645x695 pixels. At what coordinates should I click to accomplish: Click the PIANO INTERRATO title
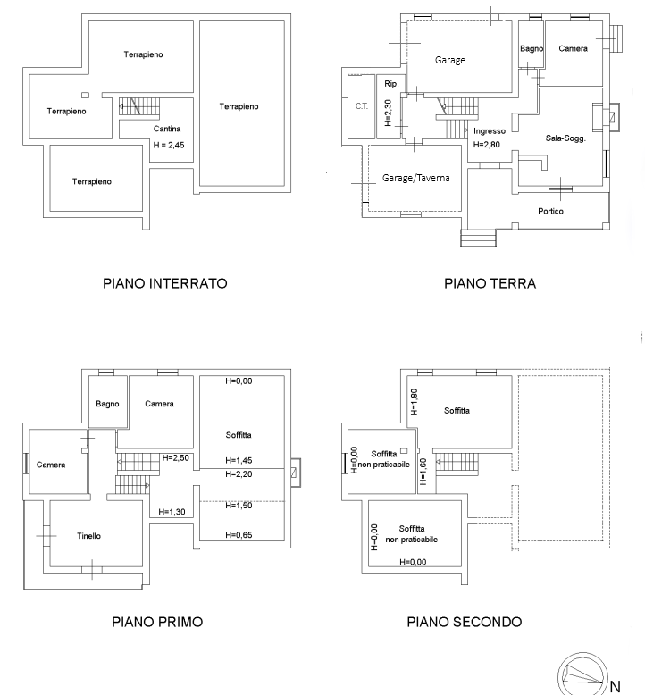tap(165, 283)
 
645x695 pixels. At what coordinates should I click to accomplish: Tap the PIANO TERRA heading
tap(490, 283)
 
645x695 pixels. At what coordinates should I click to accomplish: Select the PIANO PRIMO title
tap(157, 622)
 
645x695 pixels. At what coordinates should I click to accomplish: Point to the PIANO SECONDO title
tap(465, 622)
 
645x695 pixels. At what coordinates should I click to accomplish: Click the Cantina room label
tap(167, 129)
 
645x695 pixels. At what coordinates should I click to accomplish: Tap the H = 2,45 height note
tap(169, 145)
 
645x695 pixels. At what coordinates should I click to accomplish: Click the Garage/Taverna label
tap(415, 178)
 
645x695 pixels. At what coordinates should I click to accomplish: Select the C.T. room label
tap(362, 106)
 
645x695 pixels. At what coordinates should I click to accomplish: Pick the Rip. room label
tap(391, 84)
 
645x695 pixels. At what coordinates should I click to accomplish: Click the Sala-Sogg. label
tap(565, 138)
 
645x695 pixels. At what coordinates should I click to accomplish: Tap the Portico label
tap(550, 211)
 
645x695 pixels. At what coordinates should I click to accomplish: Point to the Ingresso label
tap(490, 131)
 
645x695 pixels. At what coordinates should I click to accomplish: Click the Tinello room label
tap(88, 536)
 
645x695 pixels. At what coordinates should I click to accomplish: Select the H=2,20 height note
tap(239, 474)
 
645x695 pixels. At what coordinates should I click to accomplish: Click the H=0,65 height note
tap(239, 535)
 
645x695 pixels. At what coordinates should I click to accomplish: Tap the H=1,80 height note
tap(414, 402)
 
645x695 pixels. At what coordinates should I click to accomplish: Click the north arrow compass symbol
tap(583, 674)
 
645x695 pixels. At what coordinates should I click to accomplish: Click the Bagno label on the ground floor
tap(532, 48)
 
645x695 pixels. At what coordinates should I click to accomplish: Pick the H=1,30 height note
tap(172, 512)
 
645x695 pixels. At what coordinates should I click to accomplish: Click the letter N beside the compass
tap(615, 687)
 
